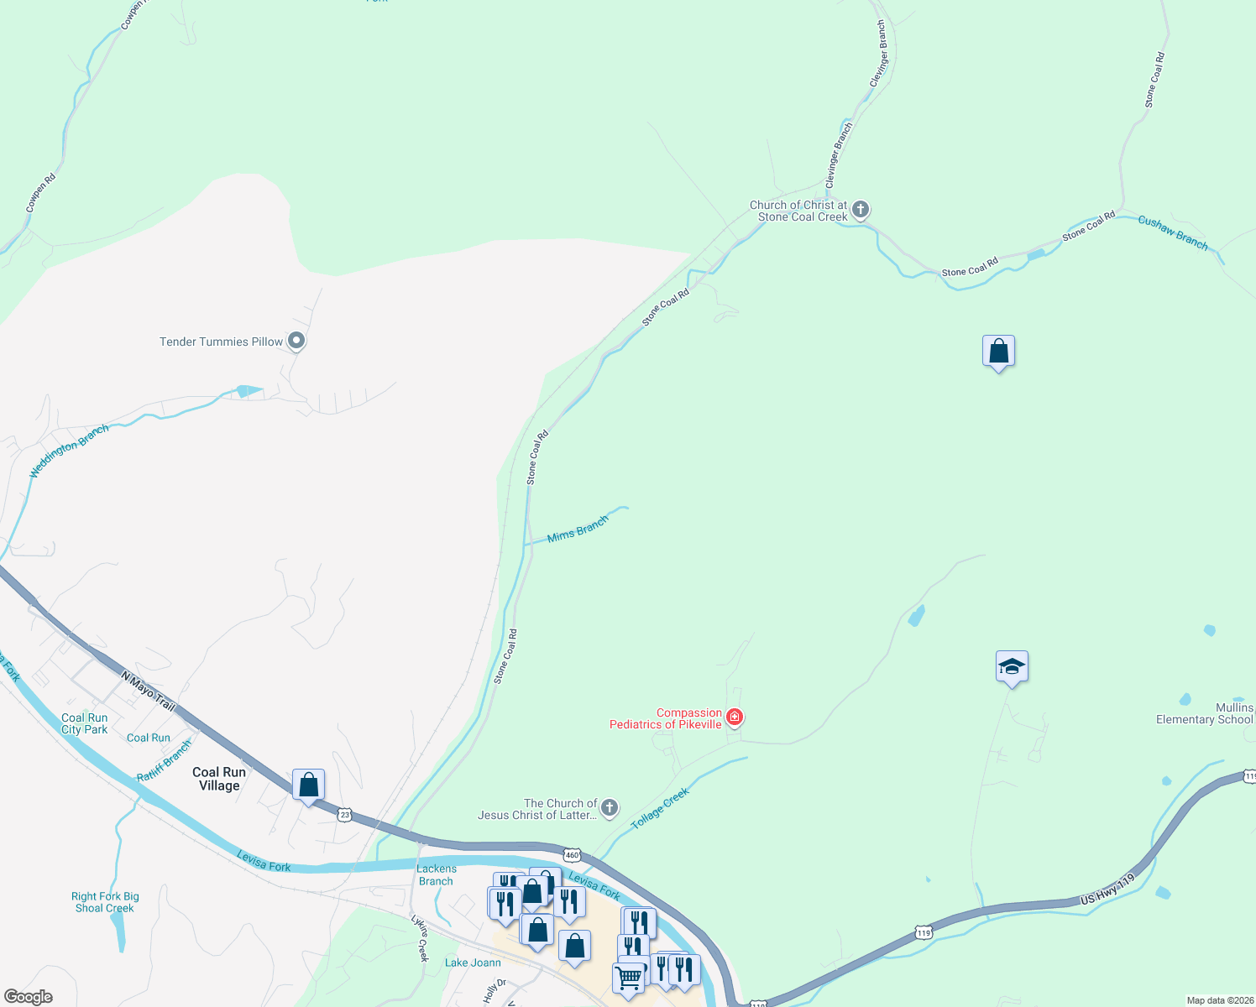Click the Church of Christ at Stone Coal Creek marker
click(x=860, y=210)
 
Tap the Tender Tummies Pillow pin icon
click(x=296, y=342)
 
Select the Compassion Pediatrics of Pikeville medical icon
click(x=735, y=717)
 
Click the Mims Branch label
click(x=578, y=530)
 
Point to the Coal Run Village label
click(x=219, y=779)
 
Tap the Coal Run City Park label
click(x=85, y=723)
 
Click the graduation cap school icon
click(x=1012, y=667)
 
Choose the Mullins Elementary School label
click(x=1204, y=713)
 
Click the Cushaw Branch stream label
click(x=1173, y=232)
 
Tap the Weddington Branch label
click(x=69, y=451)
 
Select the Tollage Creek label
click(x=660, y=808)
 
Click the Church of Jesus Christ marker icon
click(x=610, y=807)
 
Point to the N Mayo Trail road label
click(x=148, y=691)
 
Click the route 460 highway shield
click(x=572, y=855)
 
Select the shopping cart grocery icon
click(x=628, y=978)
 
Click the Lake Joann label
click(x=473, y=963)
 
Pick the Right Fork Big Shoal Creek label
click(x=105, y=902)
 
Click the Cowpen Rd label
click(x=40, y=192)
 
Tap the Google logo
click(x=29, y=997)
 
